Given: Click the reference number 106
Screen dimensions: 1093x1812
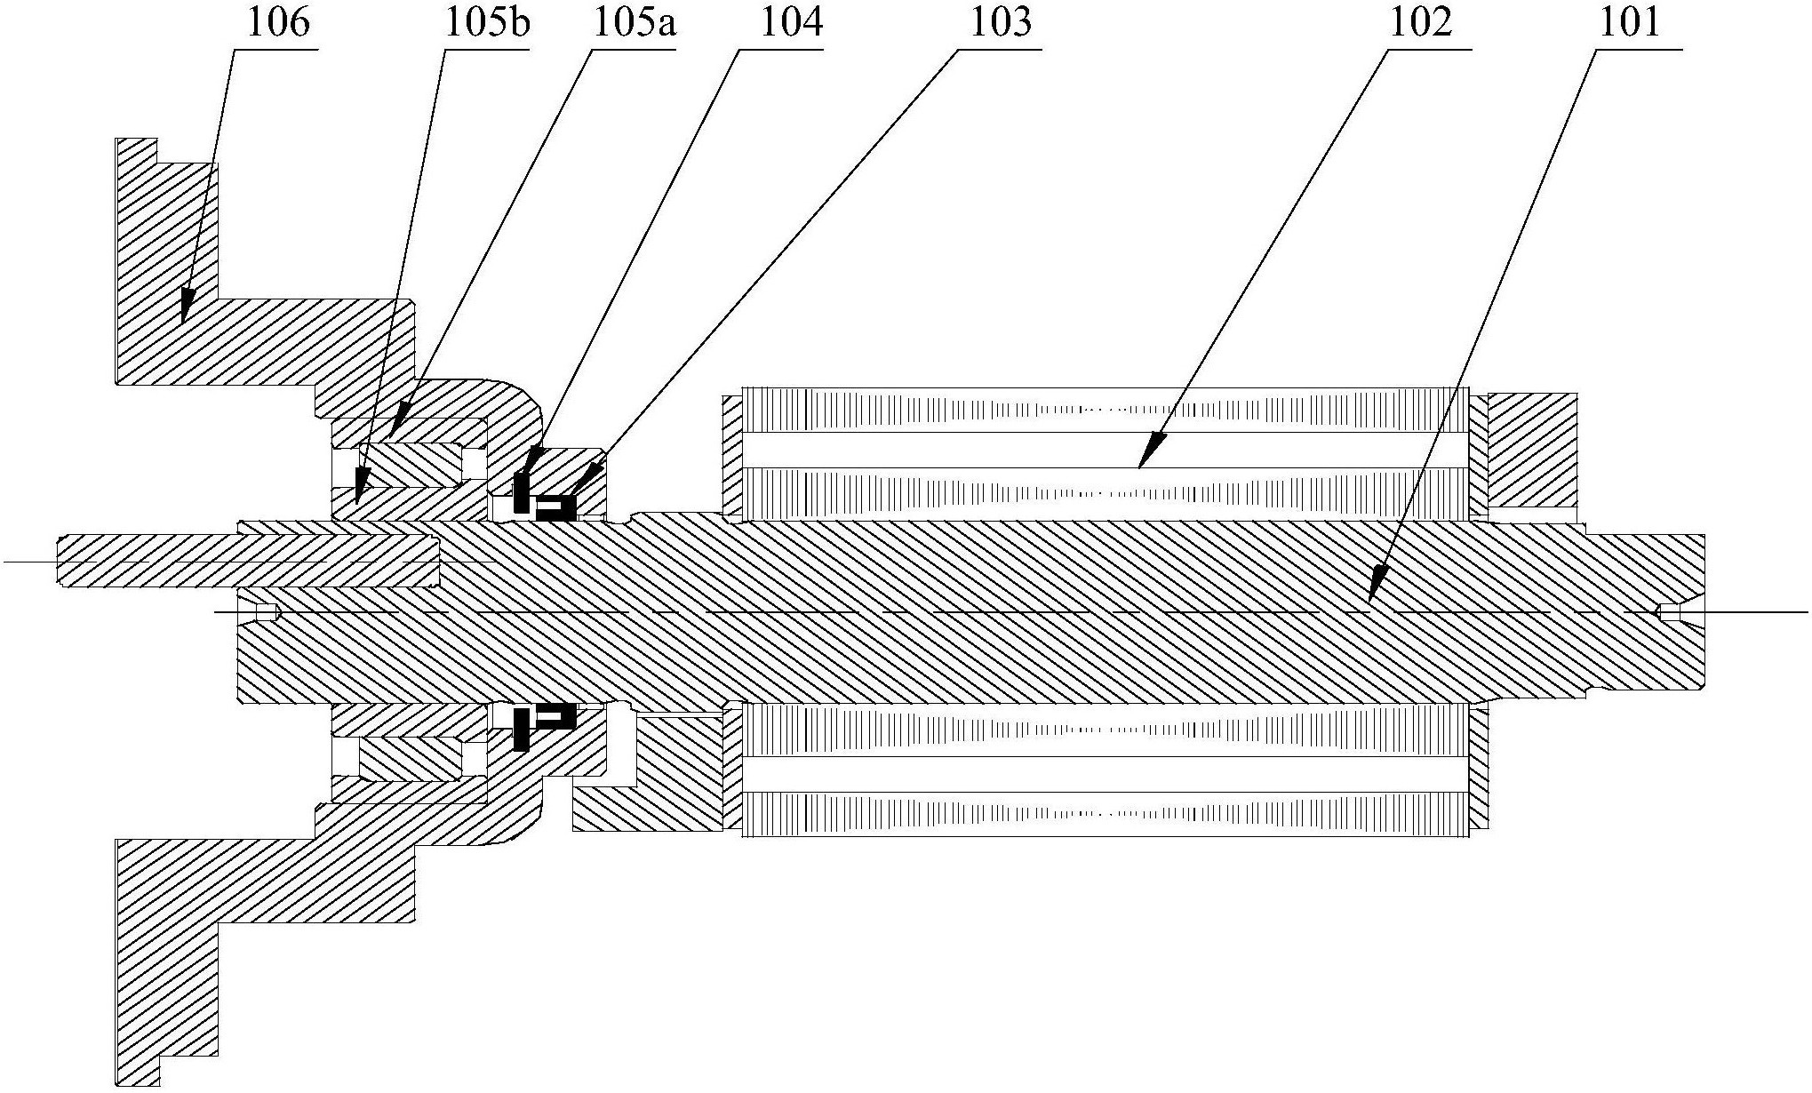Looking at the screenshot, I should [278, 23].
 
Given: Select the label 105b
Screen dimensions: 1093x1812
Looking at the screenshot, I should [488, 23].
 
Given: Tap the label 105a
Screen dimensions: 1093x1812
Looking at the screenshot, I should [634, 23].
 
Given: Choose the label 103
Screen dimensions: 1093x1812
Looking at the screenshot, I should [1000, 23].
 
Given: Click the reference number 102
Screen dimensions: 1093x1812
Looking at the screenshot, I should [1421, 23].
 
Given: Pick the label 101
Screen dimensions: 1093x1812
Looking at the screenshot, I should [1629, 23].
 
